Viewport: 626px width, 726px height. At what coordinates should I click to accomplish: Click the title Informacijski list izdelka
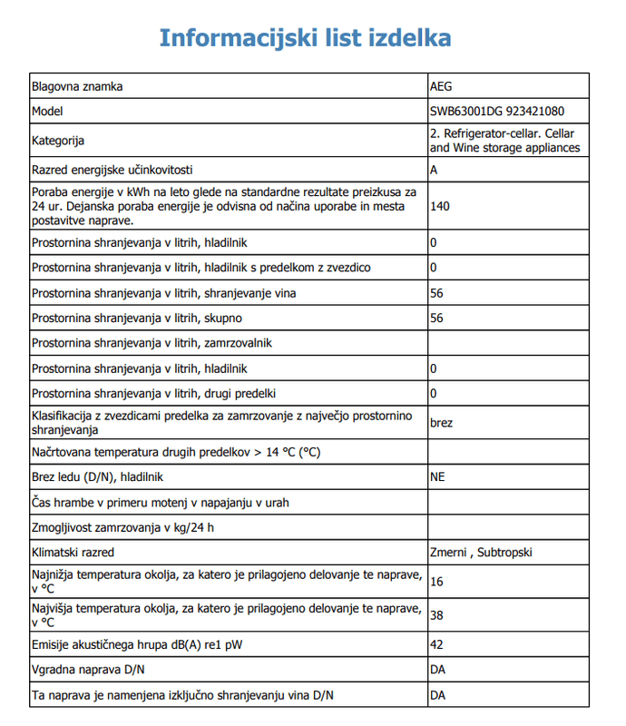pos(306,37)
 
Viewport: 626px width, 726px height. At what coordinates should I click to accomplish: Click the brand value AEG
pos(440,87)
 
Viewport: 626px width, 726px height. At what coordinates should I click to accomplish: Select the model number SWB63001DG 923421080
pos(497,112)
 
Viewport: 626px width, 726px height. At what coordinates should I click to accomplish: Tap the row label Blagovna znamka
pos(77,87)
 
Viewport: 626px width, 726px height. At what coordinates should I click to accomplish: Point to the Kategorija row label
pos(58,141)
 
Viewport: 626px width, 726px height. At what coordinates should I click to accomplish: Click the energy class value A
pos(435,170)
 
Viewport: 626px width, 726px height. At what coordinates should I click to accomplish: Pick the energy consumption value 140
pos(440,206)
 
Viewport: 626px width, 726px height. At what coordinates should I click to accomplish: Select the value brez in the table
pos(442,423)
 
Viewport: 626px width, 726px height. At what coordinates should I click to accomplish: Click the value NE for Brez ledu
pos(438,476)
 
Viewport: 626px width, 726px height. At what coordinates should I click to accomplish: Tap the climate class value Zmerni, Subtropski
pos(481,552)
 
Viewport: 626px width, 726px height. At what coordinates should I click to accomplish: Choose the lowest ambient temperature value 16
pos(437,582)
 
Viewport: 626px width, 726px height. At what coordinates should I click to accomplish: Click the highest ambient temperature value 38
pos(437,614)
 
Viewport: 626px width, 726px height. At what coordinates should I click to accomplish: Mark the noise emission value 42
pos(437,646)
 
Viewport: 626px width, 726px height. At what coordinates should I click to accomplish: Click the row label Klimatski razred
pos(78,552)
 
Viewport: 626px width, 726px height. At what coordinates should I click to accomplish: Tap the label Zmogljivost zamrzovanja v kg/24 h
pos(128,526)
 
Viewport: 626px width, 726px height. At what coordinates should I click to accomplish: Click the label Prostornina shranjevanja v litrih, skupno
pos(137,318)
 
